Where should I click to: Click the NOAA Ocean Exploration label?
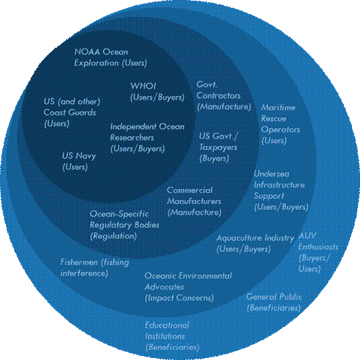point(111,57)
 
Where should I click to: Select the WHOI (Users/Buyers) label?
point(157,91)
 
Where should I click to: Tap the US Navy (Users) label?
point(79,161)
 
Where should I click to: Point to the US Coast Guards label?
point(72,113)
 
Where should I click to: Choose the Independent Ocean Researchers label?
point(147,138)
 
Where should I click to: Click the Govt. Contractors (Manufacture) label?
point(224,96)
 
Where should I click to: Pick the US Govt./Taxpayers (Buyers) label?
point(218,147)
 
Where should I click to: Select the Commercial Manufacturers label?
point(194,201)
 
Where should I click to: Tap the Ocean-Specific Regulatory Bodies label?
point(124,225)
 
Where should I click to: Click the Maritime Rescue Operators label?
point(280,124)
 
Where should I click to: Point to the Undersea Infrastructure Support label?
point(281,191)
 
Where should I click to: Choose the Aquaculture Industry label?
point(255,243)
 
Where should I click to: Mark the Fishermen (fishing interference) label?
point(95,268)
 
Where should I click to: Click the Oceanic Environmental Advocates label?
point(188,287)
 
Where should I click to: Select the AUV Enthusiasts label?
point(318,253)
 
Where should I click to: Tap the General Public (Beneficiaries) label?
point(274,302)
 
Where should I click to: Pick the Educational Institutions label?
point(172,336)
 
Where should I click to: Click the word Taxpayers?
point(218,147)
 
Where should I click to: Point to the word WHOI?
point(143,86)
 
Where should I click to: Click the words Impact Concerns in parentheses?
point(179,298)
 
